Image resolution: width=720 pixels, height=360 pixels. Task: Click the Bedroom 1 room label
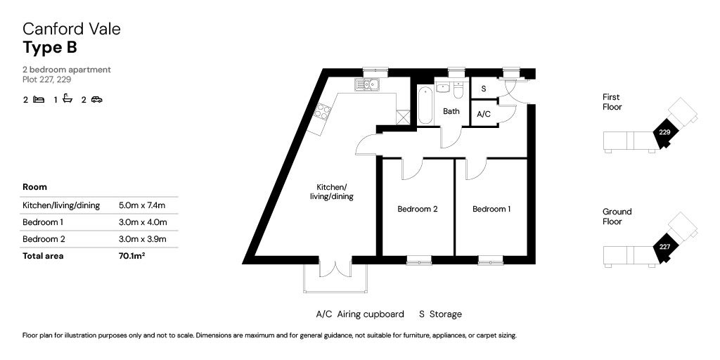(x=491, y=210)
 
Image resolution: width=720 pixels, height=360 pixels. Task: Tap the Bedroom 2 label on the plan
(x=417, y=210)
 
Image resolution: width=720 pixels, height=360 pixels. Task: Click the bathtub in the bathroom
(x=425, y=105)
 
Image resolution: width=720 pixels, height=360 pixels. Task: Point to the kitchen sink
(x=366, y=84)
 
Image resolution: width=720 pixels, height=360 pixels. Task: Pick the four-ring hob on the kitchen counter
(x=323, y=112)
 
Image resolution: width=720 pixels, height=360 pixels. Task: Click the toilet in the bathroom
(x=458, y=91)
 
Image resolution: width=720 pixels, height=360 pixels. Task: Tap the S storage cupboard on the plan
(x=484, y=88)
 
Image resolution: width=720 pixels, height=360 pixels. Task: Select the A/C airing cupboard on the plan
(x=484, y=113)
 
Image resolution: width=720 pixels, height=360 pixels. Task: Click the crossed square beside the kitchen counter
(x=403, y=117)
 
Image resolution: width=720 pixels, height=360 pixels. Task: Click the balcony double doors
(x=335, y=269)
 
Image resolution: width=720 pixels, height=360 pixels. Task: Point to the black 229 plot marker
(x=663, y=132)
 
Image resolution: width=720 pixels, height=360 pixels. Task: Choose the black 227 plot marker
(x=663, y=247)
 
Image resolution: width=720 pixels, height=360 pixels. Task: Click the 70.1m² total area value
(x=131, y=256)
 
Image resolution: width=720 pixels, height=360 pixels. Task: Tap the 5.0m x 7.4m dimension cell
(x=142, y=205)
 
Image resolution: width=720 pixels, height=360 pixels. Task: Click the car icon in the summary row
(x=96, y=99)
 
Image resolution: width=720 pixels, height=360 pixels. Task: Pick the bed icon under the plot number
(x=39, y=99)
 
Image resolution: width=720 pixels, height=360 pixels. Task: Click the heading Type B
(x=50, y=47)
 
